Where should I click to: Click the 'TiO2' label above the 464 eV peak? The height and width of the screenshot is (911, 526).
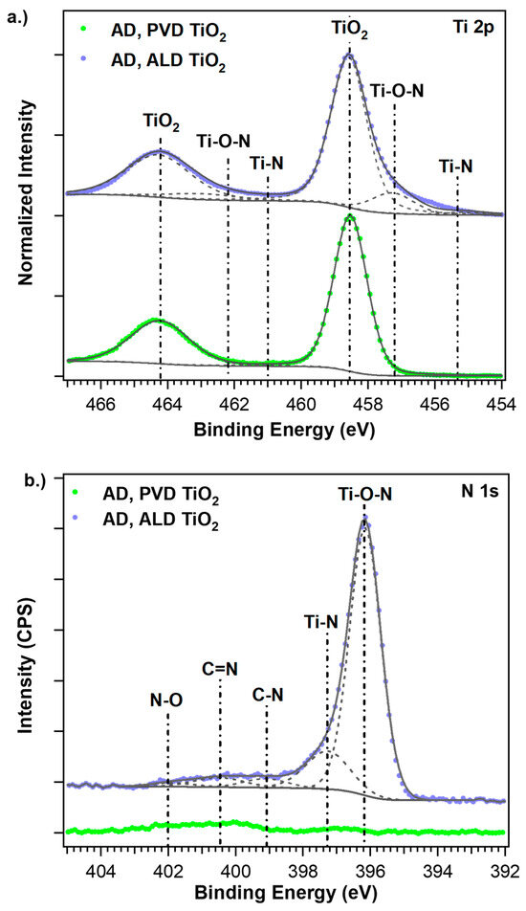[x=161, y=122]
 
